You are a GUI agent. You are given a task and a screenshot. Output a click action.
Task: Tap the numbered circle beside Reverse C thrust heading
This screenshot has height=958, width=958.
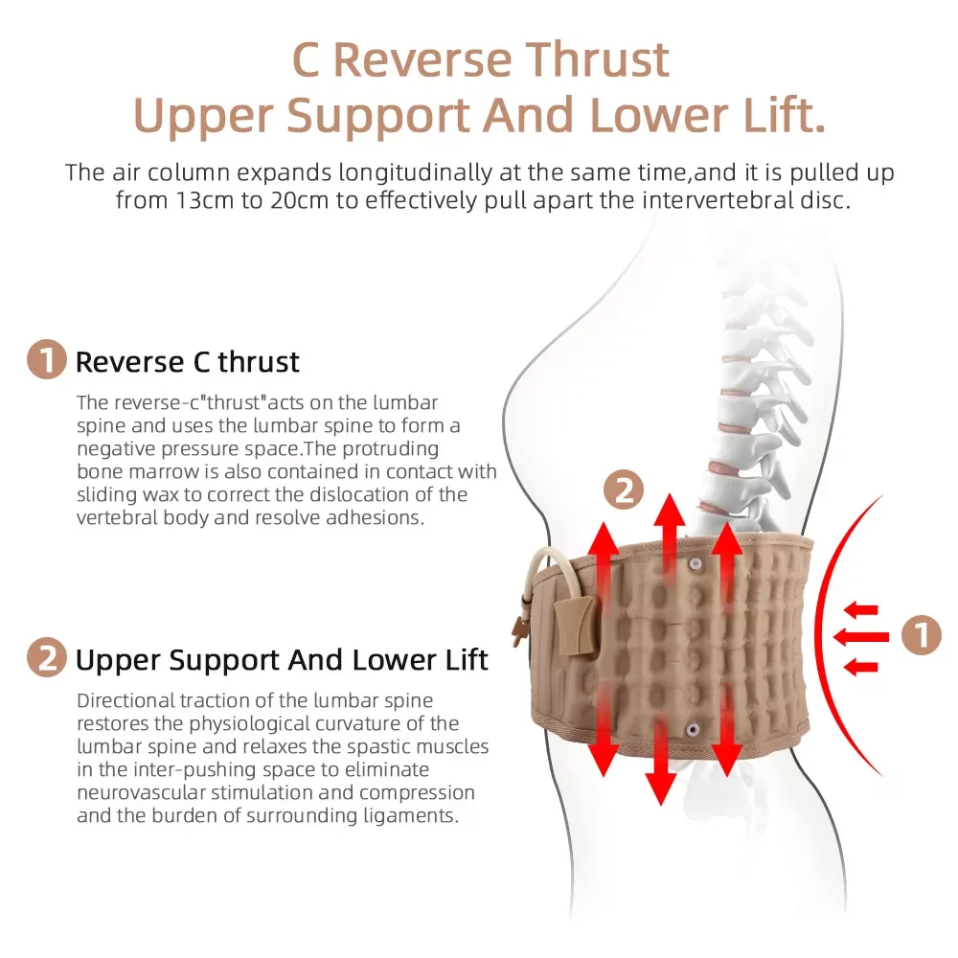pyautogui.click(x=47, y=361)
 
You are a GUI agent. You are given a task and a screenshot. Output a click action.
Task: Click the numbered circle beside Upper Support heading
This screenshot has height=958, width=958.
pyautogui.click(x=47, y=659)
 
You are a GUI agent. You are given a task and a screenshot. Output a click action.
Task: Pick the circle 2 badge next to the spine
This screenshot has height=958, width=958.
pyautogui.click(x=624, y=492)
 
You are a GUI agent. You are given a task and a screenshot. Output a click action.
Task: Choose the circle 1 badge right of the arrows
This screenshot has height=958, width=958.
pyautogui.click(x=921, y=634)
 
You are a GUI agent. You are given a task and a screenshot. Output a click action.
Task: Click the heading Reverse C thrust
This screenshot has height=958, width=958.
pyautogui.click(x=188, y=362)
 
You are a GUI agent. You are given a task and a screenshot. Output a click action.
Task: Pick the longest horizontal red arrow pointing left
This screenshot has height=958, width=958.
pyautogui.click(x=861, y=635)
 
